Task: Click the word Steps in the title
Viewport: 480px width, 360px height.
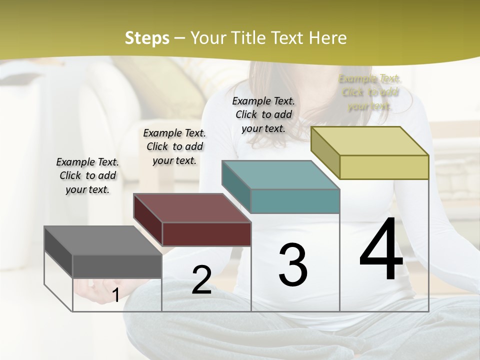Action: click(147, 38)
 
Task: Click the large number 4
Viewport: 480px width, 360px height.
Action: click(381, 250)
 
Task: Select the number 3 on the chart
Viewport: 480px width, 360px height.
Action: click(293, 265)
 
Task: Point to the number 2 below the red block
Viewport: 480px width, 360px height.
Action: click(201, 280)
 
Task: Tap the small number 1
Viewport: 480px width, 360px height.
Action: click(115, 295)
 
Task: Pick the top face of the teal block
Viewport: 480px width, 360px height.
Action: click(280, 175)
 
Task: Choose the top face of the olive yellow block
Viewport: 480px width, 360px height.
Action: click(370, 141)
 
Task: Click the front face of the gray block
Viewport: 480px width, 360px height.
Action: click(117, 266)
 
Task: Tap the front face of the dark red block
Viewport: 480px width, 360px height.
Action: click(206, 234)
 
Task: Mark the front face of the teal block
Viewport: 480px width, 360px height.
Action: click(295, 201)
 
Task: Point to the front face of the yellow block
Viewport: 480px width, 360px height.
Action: click(384, 167)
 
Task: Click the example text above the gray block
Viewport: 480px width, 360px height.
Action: click(87, 175)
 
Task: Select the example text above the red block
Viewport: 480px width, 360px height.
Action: click(174, 146)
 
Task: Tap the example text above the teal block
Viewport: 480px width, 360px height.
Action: click(263, 114)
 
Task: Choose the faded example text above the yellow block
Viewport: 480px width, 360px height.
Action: click(370, 92)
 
